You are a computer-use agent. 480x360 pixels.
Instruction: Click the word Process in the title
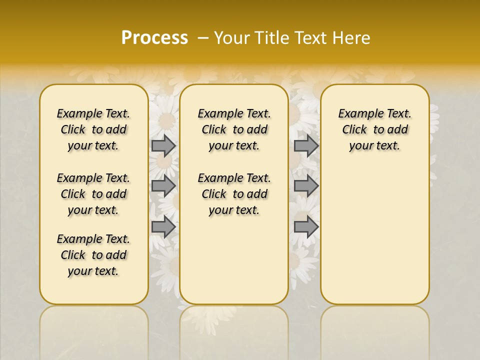[x=154, y=38]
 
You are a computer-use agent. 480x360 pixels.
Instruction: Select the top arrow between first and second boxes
[x=163, y=145]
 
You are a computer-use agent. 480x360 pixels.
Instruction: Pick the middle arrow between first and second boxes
[x=163, y=186]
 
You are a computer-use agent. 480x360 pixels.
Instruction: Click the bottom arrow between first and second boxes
[x=163, y=227]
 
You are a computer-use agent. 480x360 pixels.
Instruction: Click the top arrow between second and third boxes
[x=306, y=145]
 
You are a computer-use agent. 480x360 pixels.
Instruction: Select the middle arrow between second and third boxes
[x=306, y=186]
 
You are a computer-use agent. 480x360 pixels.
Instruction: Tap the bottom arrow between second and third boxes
[x=306, y=227]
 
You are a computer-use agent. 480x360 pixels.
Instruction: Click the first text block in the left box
[x=93, y=129]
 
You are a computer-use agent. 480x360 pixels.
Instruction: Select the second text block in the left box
[x=93, y=194]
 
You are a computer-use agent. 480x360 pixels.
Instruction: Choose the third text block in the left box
[x=93, y=255]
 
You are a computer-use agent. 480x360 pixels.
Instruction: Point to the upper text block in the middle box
[x=234, y=129]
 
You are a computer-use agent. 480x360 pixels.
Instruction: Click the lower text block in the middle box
[x=234, y=194]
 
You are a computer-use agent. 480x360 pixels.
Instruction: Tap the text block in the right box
[x=374, y=129]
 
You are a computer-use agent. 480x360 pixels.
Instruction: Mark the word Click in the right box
[x=354, y=130]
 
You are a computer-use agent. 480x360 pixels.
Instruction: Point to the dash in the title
[x=202, y=38]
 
